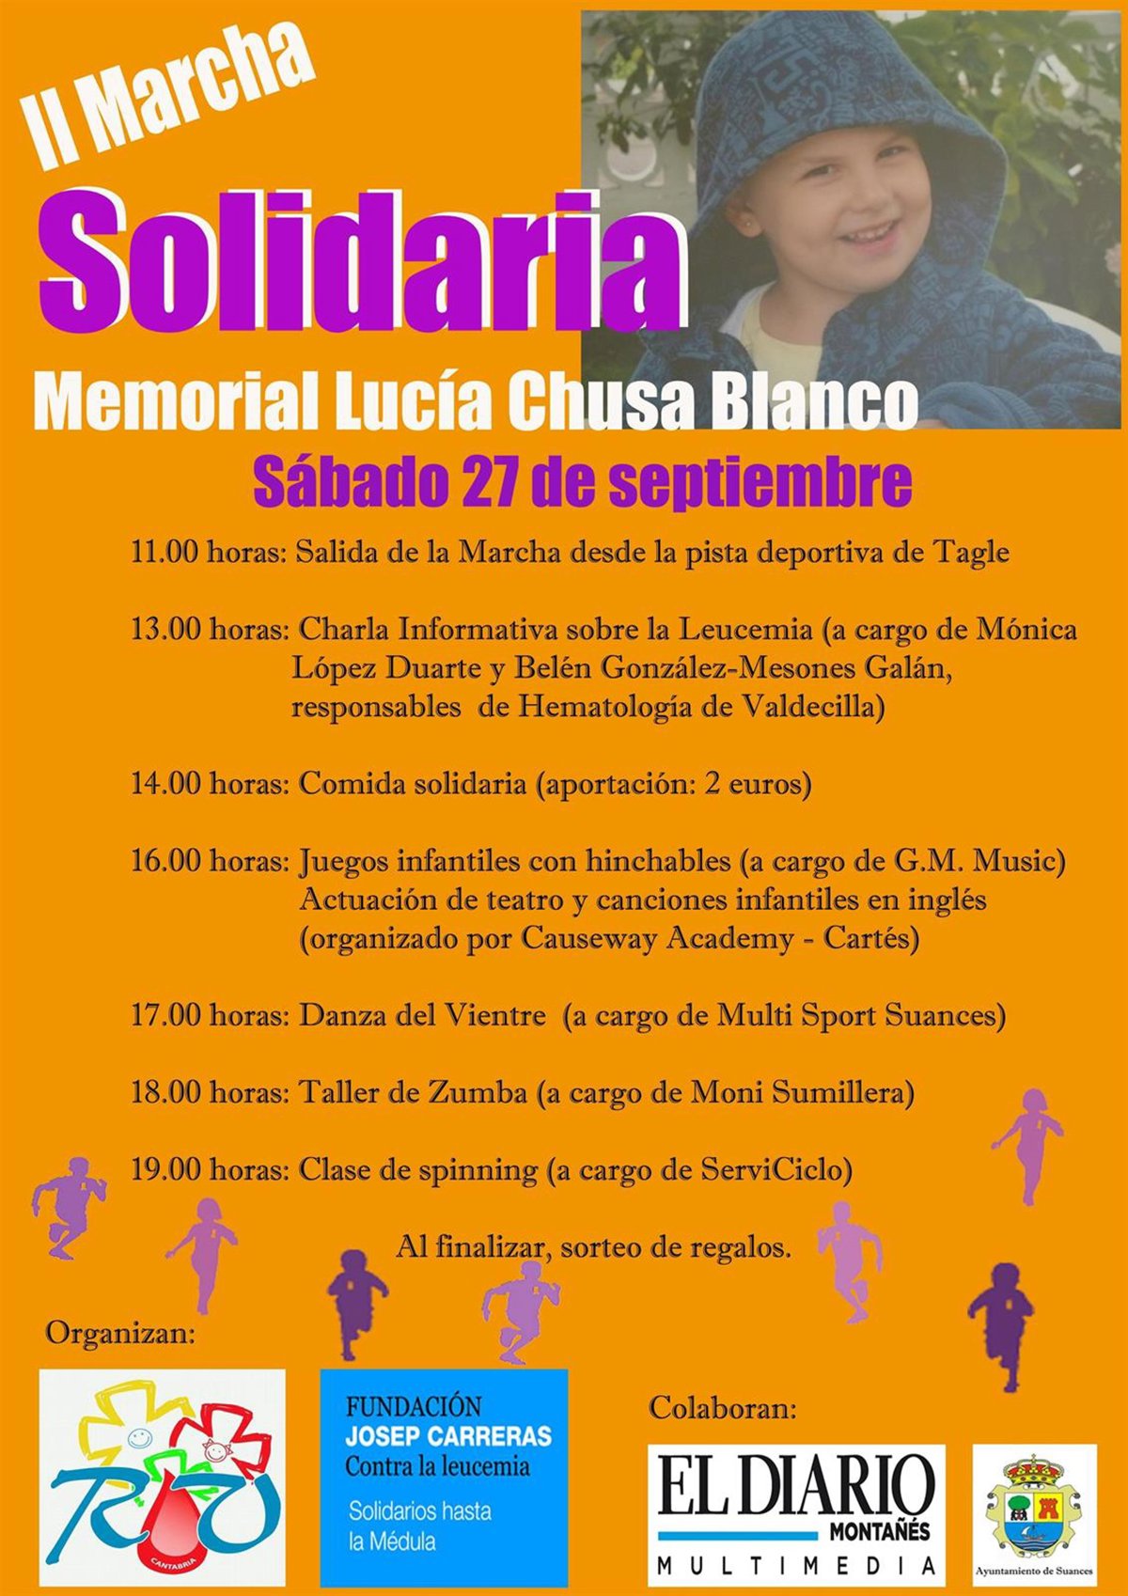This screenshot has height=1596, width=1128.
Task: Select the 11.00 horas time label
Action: coord(208,552)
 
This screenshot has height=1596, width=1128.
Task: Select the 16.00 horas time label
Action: coord(208,860)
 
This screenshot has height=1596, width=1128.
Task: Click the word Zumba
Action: coord(478,1092)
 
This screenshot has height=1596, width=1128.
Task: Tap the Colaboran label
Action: coord(722,1408)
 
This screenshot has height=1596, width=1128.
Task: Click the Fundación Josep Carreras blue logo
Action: coord(444,1478)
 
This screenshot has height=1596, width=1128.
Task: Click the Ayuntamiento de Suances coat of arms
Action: coord(1033,1508)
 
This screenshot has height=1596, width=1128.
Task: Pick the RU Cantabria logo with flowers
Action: coord(162,1478)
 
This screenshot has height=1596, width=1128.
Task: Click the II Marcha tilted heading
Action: coord(169,99)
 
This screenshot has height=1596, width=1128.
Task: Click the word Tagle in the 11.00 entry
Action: coord(970,552)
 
